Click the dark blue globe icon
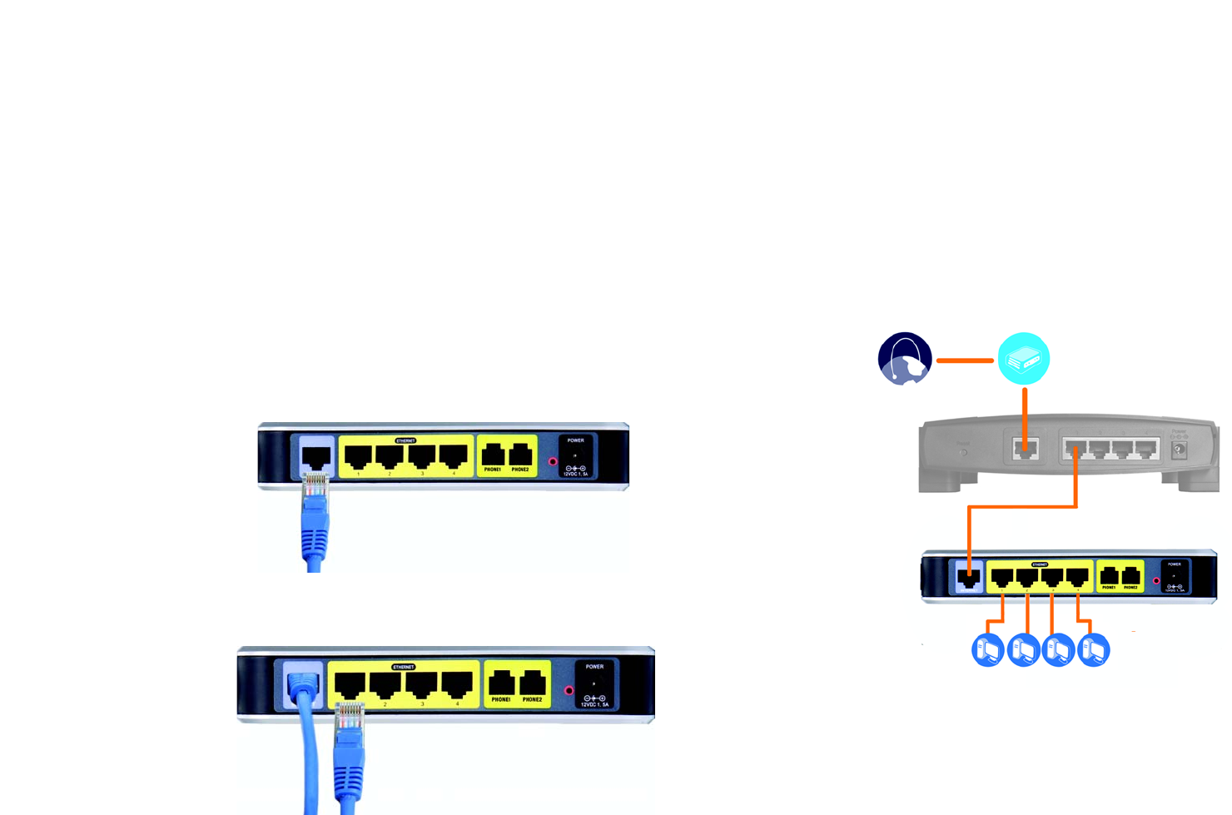(x=905, y=359)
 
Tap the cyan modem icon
(x=1023, y=359)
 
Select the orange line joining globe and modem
(x=965, y=360)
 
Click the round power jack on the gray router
(x=1179, y=450)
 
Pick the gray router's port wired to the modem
(x=1026, y=450)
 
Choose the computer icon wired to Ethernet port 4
(x=1093, y=650)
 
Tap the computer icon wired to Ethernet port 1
(x=988, y=650)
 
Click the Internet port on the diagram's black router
(x=968, y=576)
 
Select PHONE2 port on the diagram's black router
(x=1130, y=575)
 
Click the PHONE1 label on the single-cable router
(x=493, y=470)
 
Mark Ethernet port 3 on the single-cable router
(x=422, y=456)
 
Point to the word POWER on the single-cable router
(x=575, y=440)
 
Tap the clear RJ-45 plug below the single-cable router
(x=315, y=485)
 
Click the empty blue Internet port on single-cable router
(x=316, y=456)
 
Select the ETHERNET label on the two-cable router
(x=404, y=667)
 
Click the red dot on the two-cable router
(x=569, y=690)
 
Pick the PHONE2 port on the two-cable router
(x=533, y=684)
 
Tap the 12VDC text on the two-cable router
(x=594, y=704)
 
